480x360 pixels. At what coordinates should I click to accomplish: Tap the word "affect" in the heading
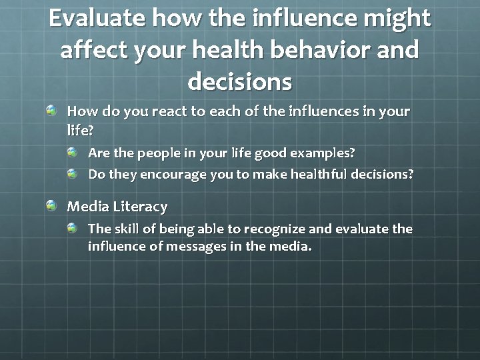(94, 51)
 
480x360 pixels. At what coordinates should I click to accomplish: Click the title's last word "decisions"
(240, 82)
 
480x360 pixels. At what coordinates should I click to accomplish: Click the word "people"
(158, 153)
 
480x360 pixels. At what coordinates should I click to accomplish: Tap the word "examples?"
(323, 153)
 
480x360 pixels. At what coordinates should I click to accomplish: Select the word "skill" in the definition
(127, 229)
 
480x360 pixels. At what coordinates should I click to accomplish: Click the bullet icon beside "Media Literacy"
(52, 206)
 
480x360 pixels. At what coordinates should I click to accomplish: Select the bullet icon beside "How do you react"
(52, 111)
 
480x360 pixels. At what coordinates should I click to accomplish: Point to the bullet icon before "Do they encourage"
(73, 174)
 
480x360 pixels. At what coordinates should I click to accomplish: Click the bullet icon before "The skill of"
(73, 228)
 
